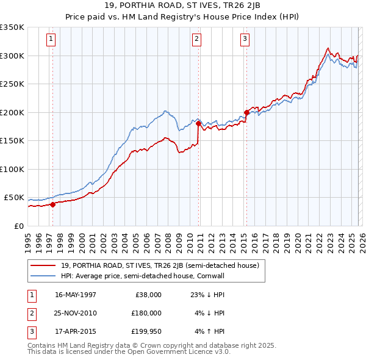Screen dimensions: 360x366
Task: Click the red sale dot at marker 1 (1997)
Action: pyautogui.click(x=52, y=204)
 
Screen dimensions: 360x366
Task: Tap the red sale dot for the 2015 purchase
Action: pyautogui.click(x=246, y=112)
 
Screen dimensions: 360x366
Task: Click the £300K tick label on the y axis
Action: pyautogui.click(x=12, y=56)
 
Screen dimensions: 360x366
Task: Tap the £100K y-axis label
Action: pyautogui.click(x=12, y=169)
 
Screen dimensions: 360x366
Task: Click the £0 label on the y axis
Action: pyautogui.click(x=18, y=226)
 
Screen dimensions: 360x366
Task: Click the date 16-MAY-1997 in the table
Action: pyautogui.click(x=76, y=295)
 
